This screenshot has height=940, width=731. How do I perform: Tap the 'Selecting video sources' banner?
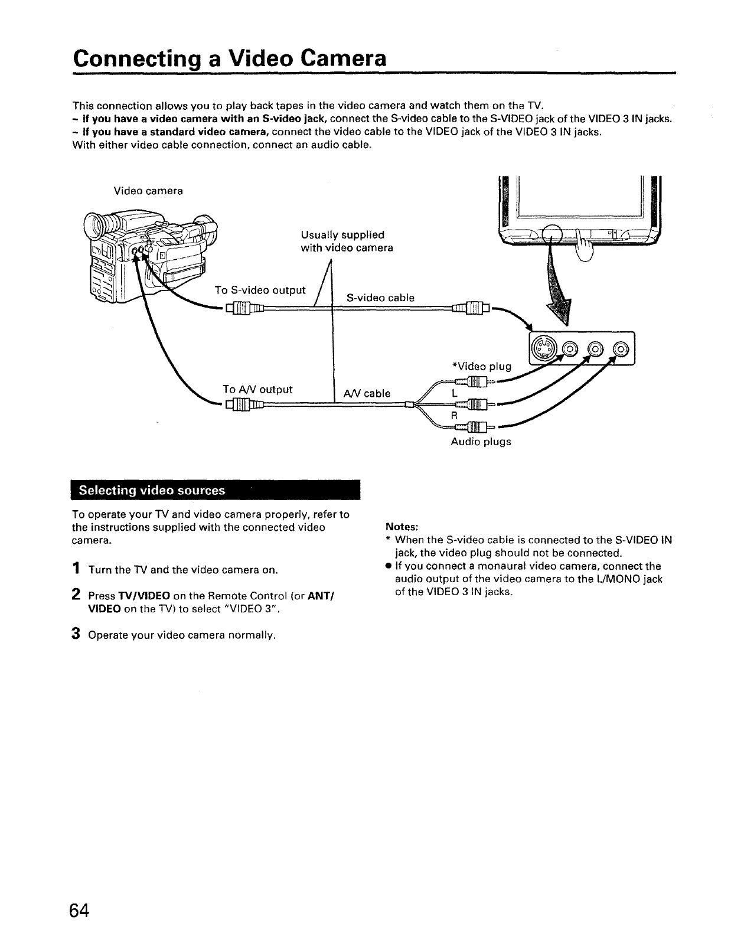point(152,490)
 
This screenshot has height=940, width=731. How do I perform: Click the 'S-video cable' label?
point(380,298)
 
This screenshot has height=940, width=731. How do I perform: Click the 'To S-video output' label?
point(260,290)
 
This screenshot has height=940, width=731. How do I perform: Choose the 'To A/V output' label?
point(257,389)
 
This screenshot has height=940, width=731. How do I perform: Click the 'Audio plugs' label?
point(481,442)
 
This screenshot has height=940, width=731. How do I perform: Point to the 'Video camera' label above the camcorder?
point(148,191)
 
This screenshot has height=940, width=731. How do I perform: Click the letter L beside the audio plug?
point(454,393)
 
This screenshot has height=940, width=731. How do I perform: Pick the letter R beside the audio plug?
point(454,415)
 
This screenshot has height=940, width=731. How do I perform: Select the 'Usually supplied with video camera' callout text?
point(347,241)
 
